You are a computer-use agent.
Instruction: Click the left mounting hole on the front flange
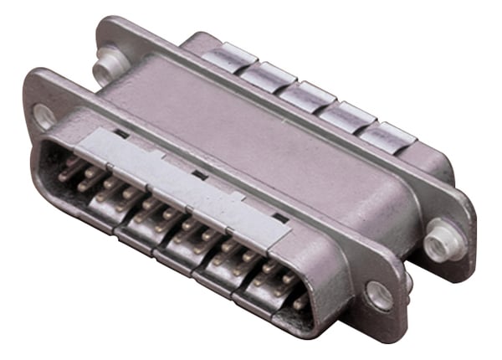tap(44, 115)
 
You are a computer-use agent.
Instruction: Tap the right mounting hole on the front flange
tap(378, 295)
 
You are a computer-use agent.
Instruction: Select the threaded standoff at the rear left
tap(106, 60)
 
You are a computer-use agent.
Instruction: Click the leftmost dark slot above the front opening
tap(122, 133)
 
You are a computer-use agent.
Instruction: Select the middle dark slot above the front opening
tap(199, 174)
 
